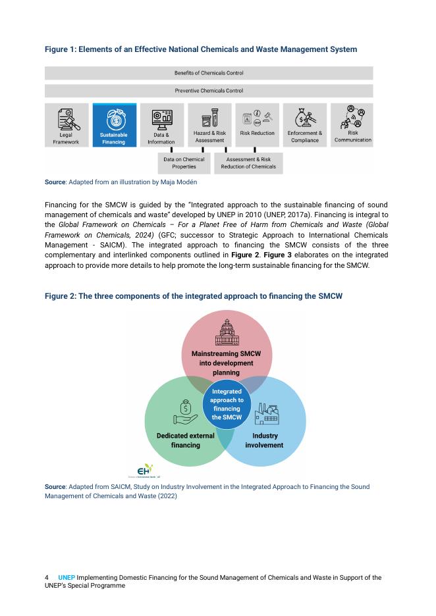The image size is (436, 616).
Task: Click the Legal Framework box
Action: pyautogui.click(x=66, y=124)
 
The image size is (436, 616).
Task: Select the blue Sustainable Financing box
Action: pyautogui.click(x=114, y=124)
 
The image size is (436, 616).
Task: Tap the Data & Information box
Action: pyautogui.click(x=161, y=124)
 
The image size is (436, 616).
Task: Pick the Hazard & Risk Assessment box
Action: pyautogui.click(x=209, y=124)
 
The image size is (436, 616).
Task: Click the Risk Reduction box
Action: pyautogui.click(x=257, y=124)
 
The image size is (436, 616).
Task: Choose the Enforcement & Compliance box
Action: pyautogui.click(x=305, y=124)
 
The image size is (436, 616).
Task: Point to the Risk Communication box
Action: pyautogui.click(x=352, y=124)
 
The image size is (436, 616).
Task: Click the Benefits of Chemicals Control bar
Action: pyautogui.click(x=209, y=73)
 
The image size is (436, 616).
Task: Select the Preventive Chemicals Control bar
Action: pyautogui.click(x=209, y=91)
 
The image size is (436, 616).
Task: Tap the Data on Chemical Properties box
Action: pyautogui.click(x=184, y=163)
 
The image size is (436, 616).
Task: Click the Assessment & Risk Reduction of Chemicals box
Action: pyautogui.click(x=248, y=163)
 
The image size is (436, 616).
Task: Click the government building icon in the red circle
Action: pyautogui.click(x=226, y=333)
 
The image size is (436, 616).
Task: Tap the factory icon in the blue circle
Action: pyautogui.click(x=266, y=413)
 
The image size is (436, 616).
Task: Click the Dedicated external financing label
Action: pyautogui.click(x=186, y=440)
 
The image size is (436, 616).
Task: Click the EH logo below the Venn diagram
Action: pyautogui.click(x=144, y=470)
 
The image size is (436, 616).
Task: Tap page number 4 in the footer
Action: pyautogui.click(x=47, y=578)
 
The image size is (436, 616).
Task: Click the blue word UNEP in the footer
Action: pyautogui.click(x=67, y=578)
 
